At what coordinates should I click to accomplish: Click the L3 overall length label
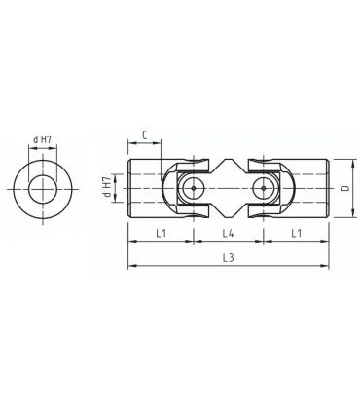click(x=228, y=257)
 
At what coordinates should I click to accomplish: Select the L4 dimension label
click(x=228, y=233)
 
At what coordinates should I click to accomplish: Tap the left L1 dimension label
click(x=162, y=233)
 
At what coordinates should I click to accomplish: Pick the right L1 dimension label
click(x=295, y=233)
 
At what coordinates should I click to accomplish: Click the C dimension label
click(x=144, y=135)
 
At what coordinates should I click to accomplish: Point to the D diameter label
click(x=344, y=187)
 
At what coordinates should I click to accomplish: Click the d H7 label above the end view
click(x=42, y=138)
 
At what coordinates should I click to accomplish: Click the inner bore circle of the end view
click(x=42, y=188)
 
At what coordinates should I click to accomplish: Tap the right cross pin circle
click(x=261, y=187)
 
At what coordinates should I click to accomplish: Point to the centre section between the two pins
click(x=228, y=187)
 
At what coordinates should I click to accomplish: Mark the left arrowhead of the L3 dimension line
click(x=130, y=265)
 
